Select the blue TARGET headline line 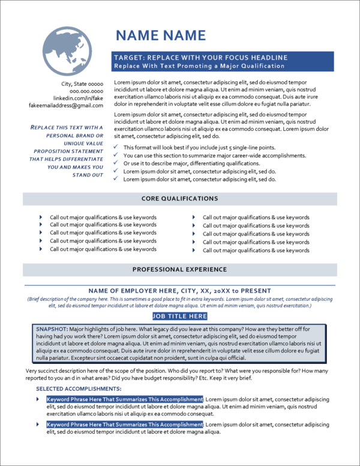[200, 58]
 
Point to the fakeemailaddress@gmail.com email [67, 105]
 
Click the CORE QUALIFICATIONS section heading [179, 198]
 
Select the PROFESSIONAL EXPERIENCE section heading [179, 270]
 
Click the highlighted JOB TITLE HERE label [179, 316]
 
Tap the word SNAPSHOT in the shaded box [51, 329]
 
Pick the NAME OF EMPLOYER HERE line [179, 291]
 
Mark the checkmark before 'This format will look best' [116, 147]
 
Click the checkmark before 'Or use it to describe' [116, 163]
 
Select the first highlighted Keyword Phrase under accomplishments [125, 399]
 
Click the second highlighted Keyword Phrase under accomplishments [125, 424]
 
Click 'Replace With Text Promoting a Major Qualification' [199, 65]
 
